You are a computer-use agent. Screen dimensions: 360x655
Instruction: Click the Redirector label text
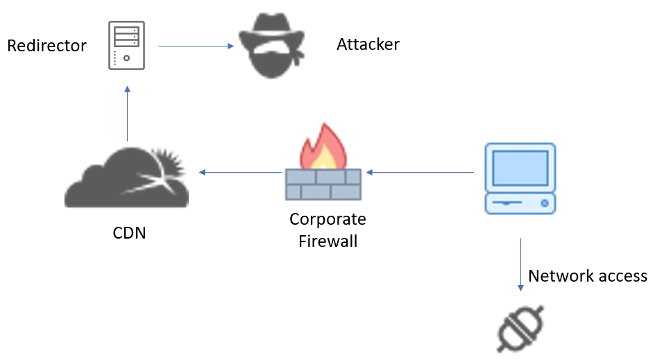pyautogui.click(x=46, y=46)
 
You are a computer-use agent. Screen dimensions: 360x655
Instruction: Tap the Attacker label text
pyautogui.click(x=368, y=44)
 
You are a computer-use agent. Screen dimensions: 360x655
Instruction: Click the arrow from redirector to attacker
pyautogui.click(x=196, y=46)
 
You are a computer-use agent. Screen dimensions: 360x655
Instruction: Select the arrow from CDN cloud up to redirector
pyautogui.click(x=128, y=114)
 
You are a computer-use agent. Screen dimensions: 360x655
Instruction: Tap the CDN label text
pyautogui.click(x=130, y=232)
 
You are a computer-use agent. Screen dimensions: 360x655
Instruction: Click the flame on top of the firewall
pyautogui.click(x=323, y=148)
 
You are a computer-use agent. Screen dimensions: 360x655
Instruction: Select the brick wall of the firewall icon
pyautogui.click(x=323, y=185)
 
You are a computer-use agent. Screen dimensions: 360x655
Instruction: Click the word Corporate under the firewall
pyautogui.click(x=327, y=219)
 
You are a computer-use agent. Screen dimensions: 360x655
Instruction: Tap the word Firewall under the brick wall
pyautogui.click(x=328, y=241)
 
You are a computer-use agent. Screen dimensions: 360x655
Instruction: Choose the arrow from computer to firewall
pyautogui.click(x=420, y=172)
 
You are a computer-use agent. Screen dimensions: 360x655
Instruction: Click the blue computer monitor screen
pyautogui.click(x=520, y=166)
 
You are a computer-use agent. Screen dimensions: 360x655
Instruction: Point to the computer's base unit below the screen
pyautogui.click(x=520, y=203)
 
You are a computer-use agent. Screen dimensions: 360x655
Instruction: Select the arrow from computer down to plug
pyautogui.click(x=520, y=264)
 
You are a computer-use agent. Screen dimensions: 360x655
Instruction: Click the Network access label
pyautogui.click(x=588, y=276)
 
